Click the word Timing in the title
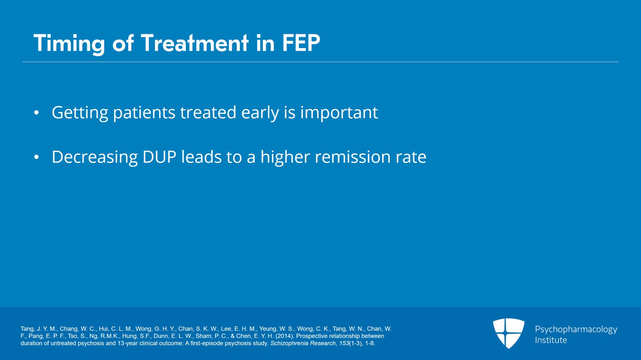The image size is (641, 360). (69, 43)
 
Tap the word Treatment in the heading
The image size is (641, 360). (195, 43)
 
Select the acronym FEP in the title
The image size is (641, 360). (301, 43)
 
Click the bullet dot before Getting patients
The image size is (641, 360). (36, 113)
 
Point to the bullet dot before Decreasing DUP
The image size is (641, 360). (36, 157)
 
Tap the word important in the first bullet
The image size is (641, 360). (339, 113)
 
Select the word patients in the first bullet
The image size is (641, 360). (144, 113)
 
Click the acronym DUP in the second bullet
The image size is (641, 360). (159, 157)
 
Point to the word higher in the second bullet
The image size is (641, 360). (285, 157)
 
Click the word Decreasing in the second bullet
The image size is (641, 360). (95, 157)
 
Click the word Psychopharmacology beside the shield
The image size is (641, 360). (576, 330)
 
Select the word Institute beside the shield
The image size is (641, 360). (551, 340)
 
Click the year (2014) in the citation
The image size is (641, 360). (284, 336)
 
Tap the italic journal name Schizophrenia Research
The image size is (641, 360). (303, 343)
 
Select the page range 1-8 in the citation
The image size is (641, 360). (369, 343)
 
